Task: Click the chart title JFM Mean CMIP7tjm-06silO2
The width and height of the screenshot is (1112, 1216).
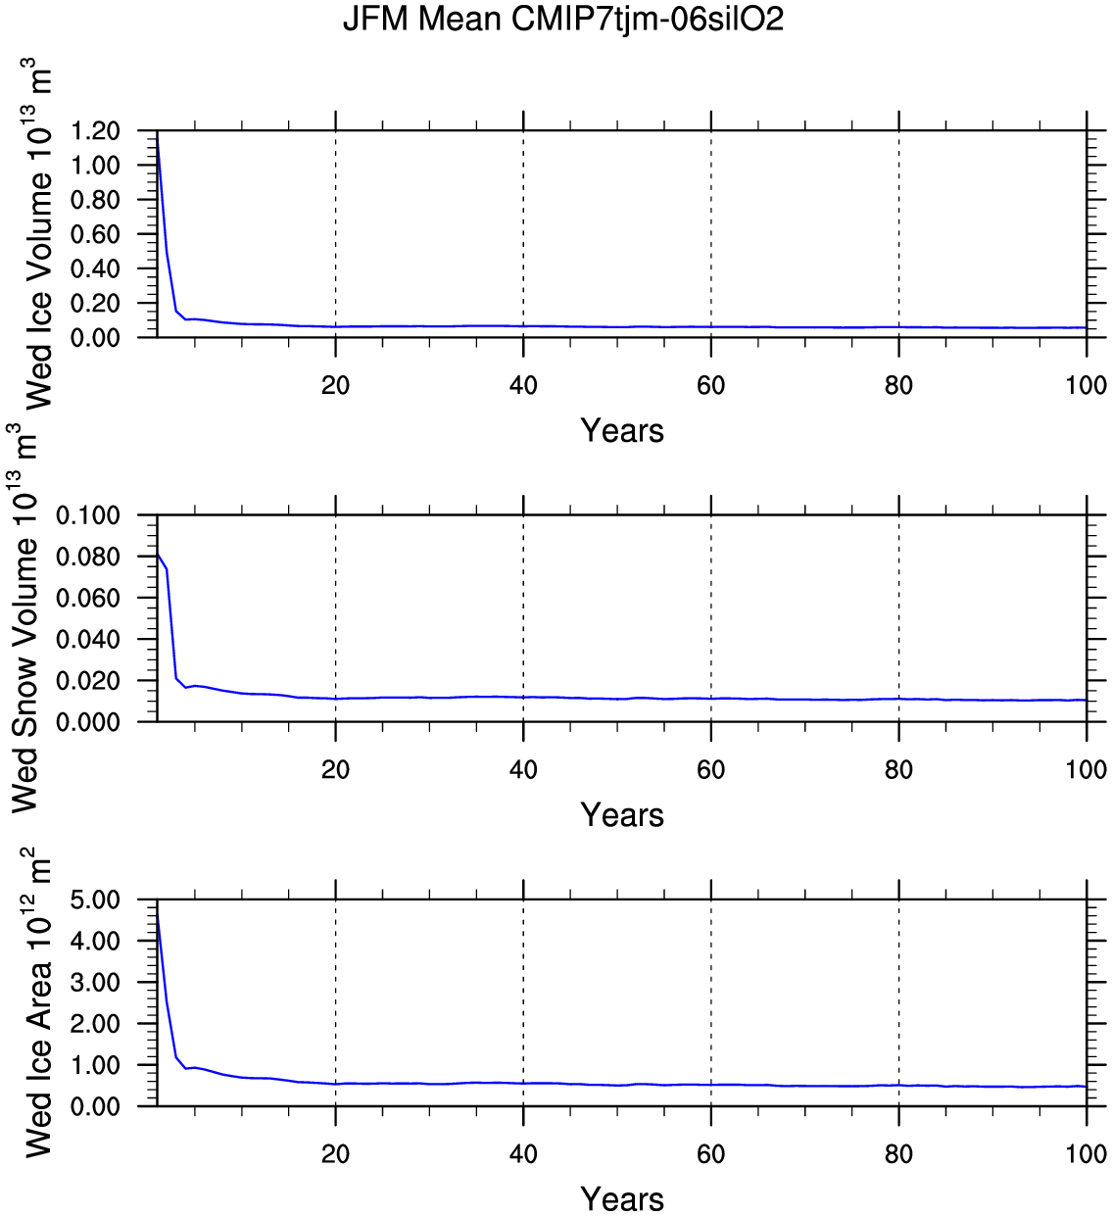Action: (562, 20)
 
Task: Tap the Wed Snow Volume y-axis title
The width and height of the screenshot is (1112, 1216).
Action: (24, 617)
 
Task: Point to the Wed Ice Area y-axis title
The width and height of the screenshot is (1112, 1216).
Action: (37, 1001)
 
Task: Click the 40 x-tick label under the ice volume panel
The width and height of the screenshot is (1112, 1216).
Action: (523, 385)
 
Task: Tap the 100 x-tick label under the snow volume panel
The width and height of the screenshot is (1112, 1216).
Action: (1087, 769)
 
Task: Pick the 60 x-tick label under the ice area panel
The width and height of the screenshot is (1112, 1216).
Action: (711, 1153)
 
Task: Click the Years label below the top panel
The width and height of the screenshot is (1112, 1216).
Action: (622, 430)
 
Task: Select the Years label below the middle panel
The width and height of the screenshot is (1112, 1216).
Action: (622, 814)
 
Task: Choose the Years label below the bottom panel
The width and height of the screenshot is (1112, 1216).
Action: (622, 1198)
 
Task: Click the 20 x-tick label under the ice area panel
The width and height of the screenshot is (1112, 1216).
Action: (335, 1153)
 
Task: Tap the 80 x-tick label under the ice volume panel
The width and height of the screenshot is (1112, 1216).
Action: (898, 385)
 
